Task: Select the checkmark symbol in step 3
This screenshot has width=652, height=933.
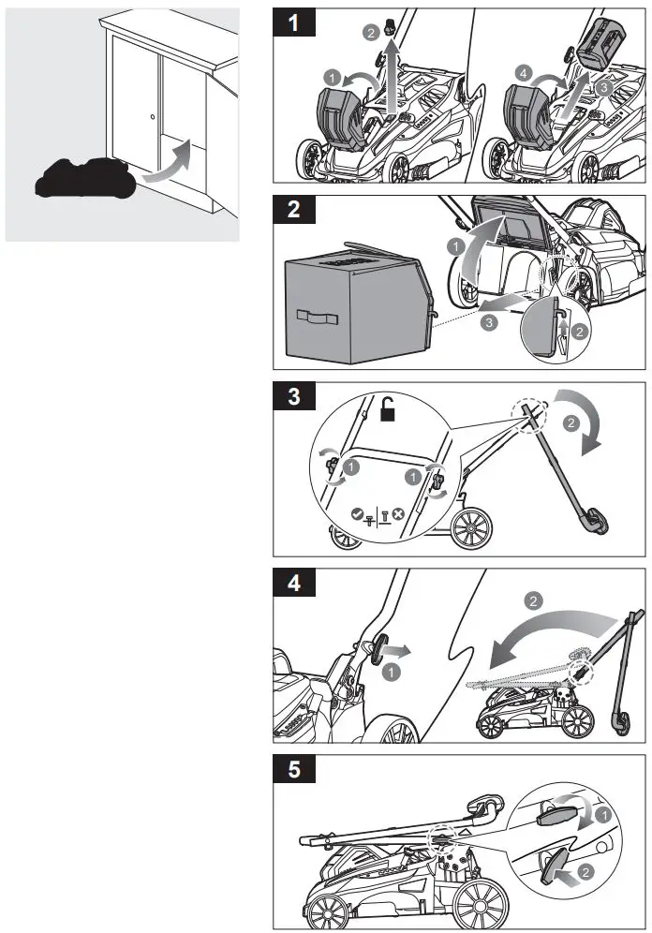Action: (356, 513)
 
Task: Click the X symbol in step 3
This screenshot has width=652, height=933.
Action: (398, 513)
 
